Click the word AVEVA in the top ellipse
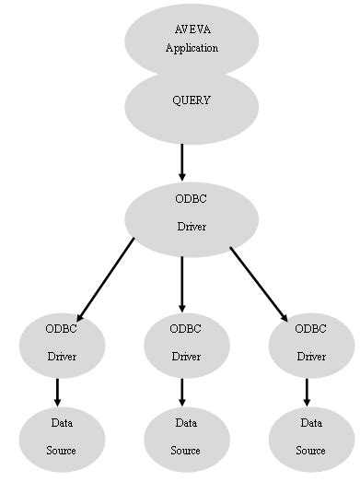pyautogui.click(x=192, y=30)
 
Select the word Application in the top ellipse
pyautogui.click(x=192, y=48)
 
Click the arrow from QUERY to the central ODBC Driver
pyautogui.click(x=182, y=162)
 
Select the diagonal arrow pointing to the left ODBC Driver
pyautogui.click(x=105, y=278)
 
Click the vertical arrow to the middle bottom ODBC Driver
pyautogui.click(x=182, y=284)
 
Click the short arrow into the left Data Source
pyautogui.click(x=58, y=391)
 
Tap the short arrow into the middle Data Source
pyautogui.click(x=182, y=391)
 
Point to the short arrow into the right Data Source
pyautogui.click(x=307, y=391)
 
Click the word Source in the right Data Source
pyautogui.click(x=310, y=451)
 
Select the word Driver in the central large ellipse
pyautogui.click(x=192, y=226)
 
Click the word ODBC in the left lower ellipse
pyautogui.click(x=62, y=328)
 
